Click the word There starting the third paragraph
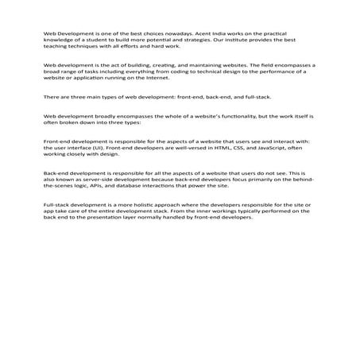[x=52, y=97]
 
